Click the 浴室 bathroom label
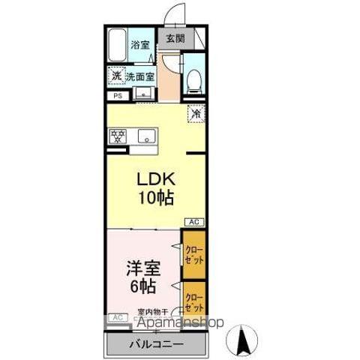coord(140,45)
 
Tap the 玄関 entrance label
coord(175,38)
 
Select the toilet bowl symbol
coord(193,78)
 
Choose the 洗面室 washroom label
coord(140,76)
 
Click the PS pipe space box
coord(117,96)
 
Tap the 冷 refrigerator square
coord(194,114)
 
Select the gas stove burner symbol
coord(118,136)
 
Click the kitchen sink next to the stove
coord(145,136)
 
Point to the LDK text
coord(155,181)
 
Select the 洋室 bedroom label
coord(142,268)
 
